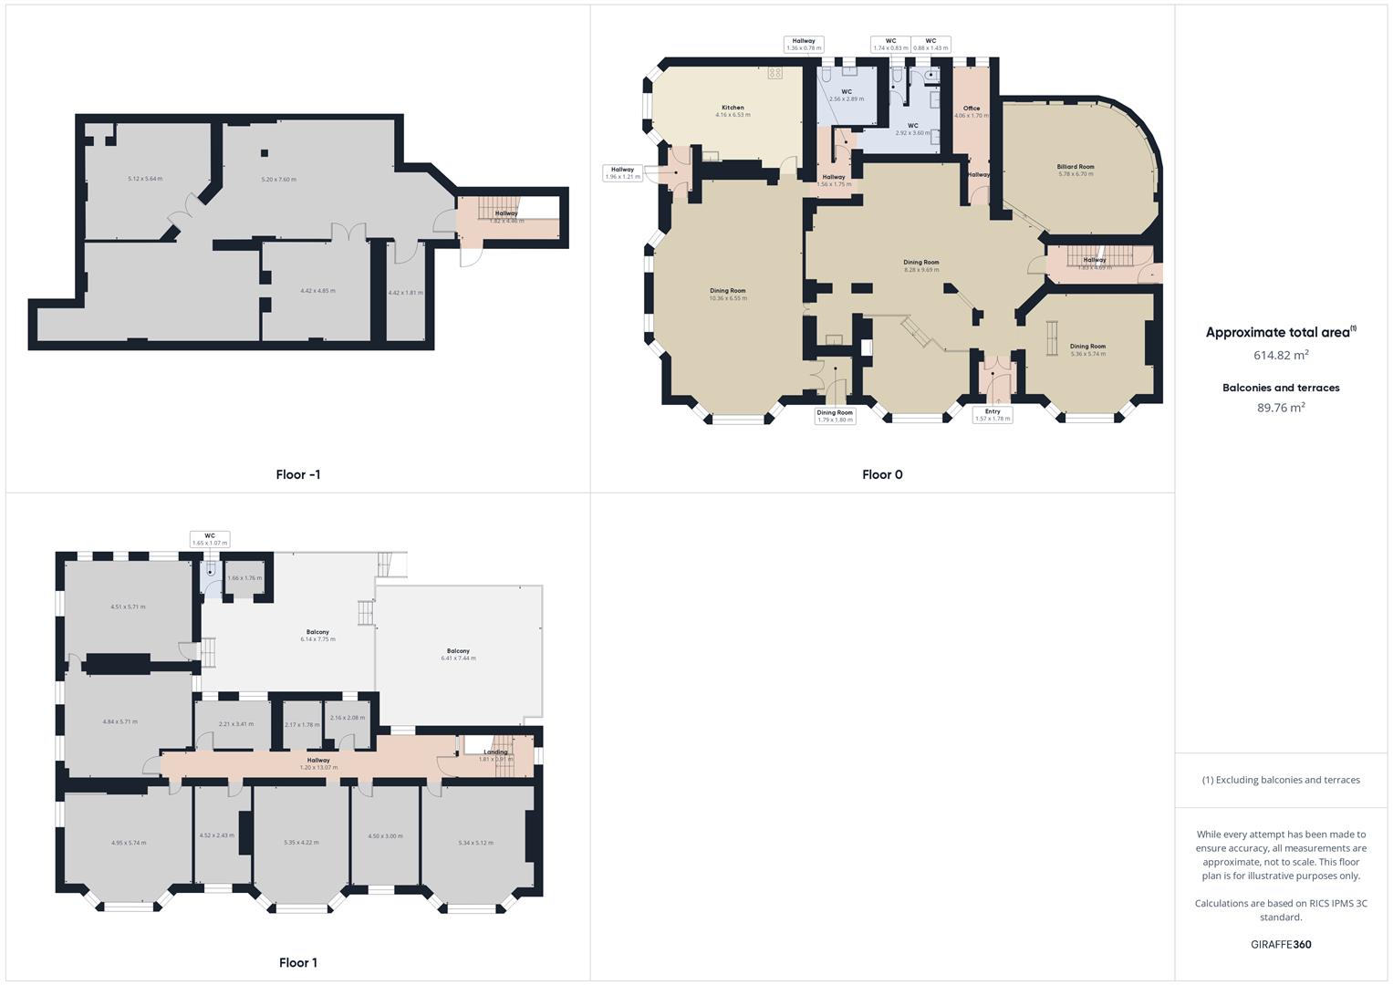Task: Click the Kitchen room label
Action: tap(733, 108)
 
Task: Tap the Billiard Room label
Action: tap(1076, 167)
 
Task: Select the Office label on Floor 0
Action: tap(972, 109)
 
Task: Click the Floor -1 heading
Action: tap(298, 474)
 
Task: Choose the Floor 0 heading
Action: tap(882, 474)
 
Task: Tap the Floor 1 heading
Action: tap(298, 962)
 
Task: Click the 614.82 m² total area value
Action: tap(1281, 355)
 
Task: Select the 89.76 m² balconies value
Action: tap(1281, 408)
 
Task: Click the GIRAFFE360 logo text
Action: tap(1281, 944)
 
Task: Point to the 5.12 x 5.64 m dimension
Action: tap(145, 179)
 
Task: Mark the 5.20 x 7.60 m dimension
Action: tap(278, 180)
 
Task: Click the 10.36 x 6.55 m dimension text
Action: tap(728, 298)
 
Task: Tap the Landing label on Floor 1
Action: tap(496, 752)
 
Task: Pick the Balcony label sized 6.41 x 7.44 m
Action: tap(458, 651)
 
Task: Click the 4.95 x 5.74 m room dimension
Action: tap(129, 843)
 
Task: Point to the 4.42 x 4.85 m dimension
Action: tap(317, 291)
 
